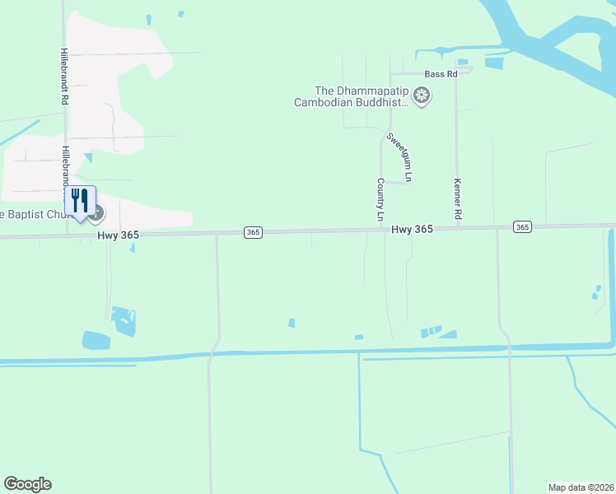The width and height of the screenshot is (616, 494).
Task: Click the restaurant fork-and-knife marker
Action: tap(80, 201)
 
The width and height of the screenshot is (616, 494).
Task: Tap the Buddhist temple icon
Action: tap(422, 97)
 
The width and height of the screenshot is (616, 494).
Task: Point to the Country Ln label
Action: tap(380, 200)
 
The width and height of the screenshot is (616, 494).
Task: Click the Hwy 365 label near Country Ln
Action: tap(412, 230)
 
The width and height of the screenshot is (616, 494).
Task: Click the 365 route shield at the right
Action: tap(521, 226)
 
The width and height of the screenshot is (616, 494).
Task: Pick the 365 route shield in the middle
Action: tap(253, 233)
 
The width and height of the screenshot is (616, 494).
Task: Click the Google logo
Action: tap(27, 484)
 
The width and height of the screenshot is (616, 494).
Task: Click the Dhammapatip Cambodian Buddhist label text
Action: tap(362, 97)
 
